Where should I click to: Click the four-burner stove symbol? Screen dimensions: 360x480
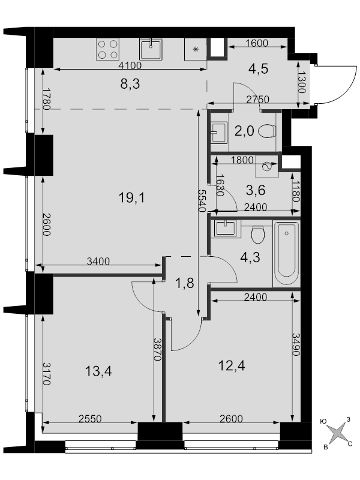click(x=107, y=49)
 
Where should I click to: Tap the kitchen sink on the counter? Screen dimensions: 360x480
click(x=151, y=49)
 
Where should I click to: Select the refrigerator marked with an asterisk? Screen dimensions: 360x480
click(x=196, y=49)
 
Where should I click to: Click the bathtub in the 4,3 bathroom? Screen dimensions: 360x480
click(x=286, y=254)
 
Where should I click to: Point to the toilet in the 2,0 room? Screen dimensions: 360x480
click(x=267, y=131)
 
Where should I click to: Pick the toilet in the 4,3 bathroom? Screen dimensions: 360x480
click(x=258, y=234)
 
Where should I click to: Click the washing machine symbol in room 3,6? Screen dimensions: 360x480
click(x=267, y=167)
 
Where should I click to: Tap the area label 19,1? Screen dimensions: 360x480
click(x=132, y=198)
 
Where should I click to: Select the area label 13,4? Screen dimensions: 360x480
click(x=98, y=371)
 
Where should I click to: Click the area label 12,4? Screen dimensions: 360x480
click(x=232, y=365)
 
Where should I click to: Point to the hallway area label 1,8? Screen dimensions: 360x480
click(x=185, y=283)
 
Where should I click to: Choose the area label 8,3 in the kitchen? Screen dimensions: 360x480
click(x=130, y=83)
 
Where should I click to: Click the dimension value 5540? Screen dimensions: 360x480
click(x=202, y=200)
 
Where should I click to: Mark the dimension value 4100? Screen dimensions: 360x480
click(x=130, y=65)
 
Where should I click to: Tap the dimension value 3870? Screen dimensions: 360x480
click(x=157, y=349)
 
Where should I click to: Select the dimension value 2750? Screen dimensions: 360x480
click(x=258, y=99)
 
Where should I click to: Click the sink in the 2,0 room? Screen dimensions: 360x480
click(x=219, y=132)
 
